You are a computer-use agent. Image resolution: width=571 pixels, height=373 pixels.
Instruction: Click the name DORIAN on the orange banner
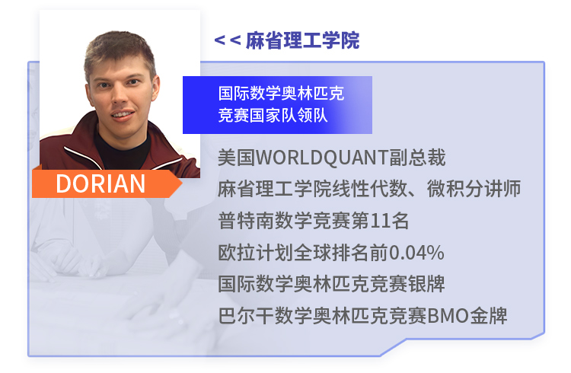pos(100,183)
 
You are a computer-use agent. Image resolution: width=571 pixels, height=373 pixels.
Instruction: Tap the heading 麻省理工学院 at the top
pos(302,40)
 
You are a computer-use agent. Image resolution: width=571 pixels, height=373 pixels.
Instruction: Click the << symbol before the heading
pos(228,40)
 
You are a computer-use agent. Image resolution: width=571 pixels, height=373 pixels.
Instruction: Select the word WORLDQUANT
pos(322,158)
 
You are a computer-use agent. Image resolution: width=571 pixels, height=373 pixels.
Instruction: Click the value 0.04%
pos(416,253)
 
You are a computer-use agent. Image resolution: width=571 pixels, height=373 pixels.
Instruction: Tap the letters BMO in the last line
pos(448,315)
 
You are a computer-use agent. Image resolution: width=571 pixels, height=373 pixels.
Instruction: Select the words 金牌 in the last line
pos(488,315)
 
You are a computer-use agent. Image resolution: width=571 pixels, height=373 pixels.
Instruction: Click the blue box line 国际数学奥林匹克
pos(281,94)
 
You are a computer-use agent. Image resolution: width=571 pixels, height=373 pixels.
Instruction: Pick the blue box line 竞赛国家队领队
pos(273,116)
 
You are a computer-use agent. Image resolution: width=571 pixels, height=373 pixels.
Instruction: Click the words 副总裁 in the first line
pos(417,158)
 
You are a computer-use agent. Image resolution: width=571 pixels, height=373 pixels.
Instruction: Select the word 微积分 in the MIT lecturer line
pos(455,189)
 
